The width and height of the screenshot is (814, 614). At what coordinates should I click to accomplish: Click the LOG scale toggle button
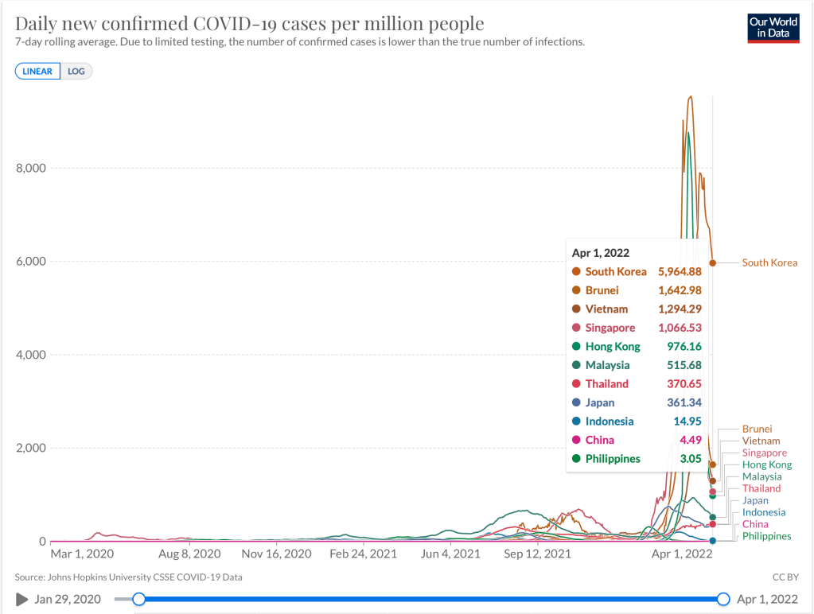point(76,71)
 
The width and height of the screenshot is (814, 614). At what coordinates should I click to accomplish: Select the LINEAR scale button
point(37,71)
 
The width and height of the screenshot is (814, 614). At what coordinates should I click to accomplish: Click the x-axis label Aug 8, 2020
point(190,554)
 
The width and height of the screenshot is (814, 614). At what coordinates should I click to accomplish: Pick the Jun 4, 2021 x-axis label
point(450,554)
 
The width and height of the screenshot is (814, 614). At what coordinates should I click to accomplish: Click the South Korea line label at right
point(769,262)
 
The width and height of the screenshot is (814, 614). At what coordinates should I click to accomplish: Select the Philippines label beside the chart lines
point(766,536)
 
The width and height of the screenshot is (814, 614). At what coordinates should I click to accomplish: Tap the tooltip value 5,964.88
point(680,271)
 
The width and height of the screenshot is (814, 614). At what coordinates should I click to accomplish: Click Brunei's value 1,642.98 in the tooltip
point(680,290)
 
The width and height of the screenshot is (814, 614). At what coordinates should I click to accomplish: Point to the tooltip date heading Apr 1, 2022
point(601,253)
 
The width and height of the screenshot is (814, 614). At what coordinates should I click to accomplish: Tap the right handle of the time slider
point(723,599)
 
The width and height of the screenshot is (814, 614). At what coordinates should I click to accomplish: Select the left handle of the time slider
point(139,599)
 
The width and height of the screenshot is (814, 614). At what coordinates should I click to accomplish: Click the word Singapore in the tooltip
point(610,328)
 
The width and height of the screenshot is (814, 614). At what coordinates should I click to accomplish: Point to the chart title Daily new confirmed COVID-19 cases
point(249,23)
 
